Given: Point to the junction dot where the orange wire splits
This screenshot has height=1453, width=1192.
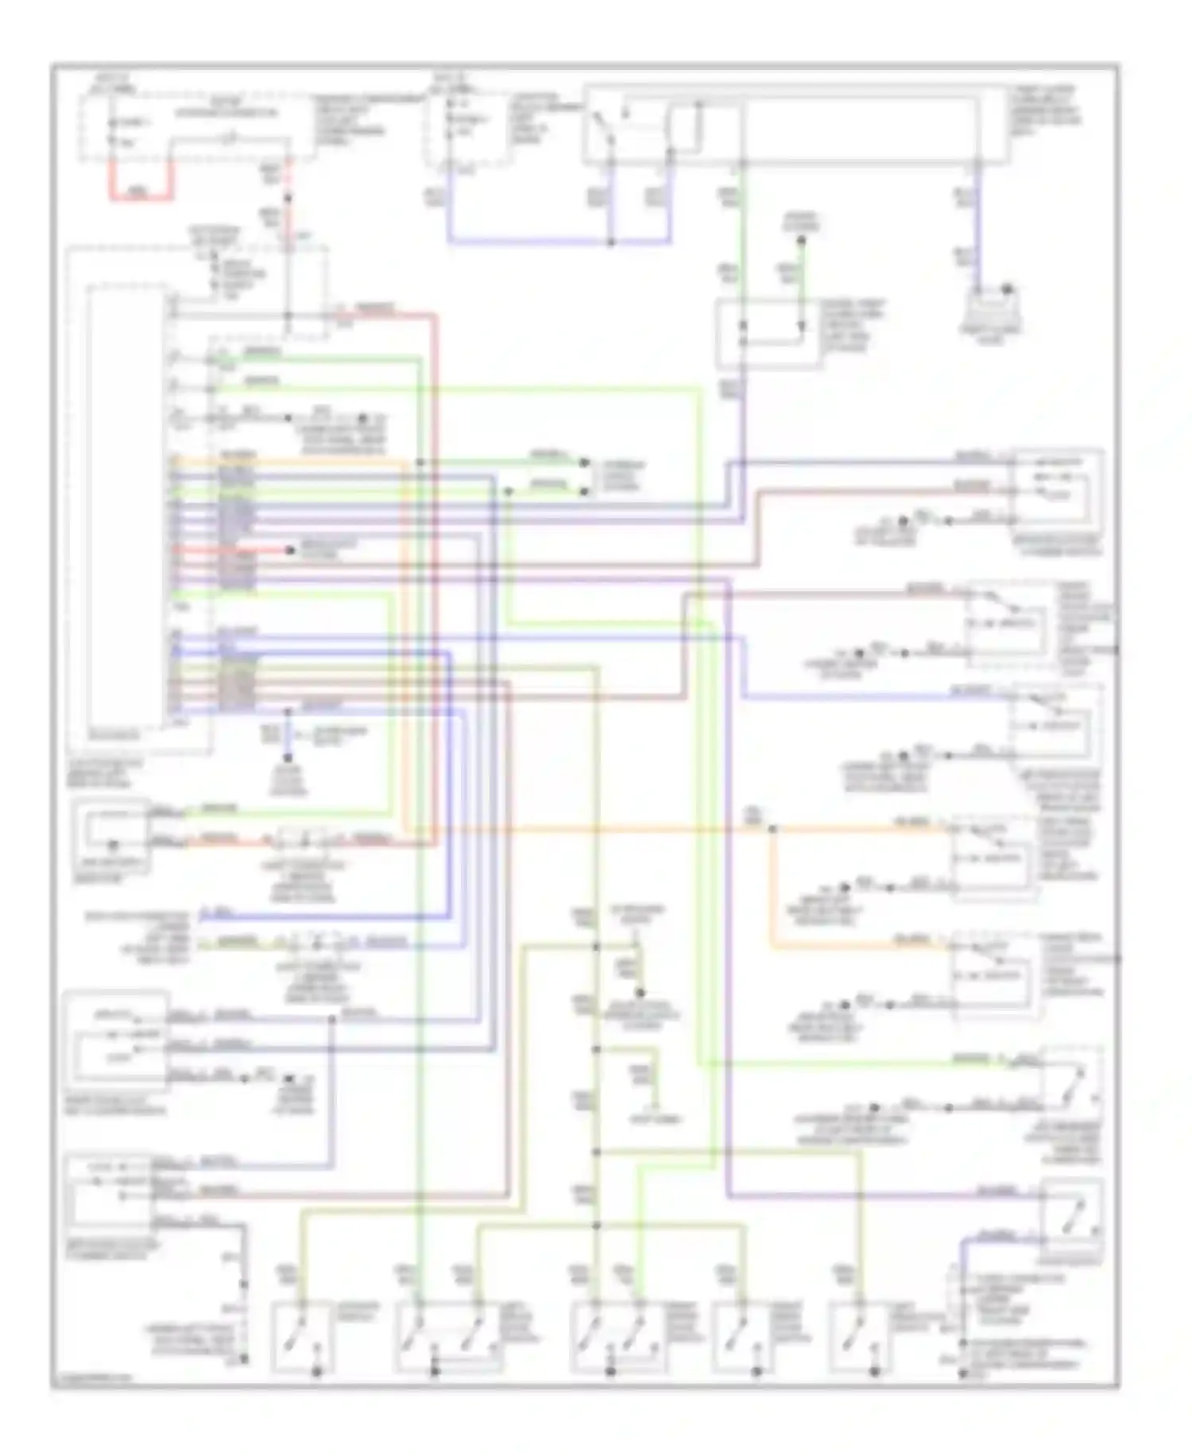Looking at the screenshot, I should [x=772, y=829].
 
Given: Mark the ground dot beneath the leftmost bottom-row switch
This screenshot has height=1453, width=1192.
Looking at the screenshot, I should [x=317, y=1372].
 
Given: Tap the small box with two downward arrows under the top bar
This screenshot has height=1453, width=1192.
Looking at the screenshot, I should [x=769, y=334].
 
